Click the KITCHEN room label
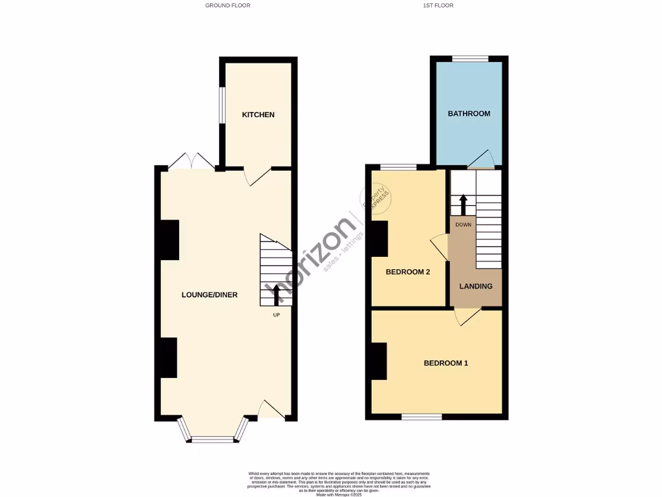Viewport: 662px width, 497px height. click(258, 115)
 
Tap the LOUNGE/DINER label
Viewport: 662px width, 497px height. click(209, 294)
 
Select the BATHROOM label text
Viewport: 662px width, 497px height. click(469, 113)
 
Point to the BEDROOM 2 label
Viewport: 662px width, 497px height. click(408, 272)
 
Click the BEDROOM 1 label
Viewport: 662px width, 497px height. click(445, 363)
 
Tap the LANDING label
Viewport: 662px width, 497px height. click(476, 286)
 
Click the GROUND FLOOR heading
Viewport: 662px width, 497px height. click(228, 5)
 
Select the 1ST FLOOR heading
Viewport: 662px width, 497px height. click(438, 5)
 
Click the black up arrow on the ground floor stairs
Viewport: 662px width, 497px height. click(277, 294)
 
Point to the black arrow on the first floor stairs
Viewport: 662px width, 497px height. click(463, 204)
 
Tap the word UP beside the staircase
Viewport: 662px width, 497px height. click(276, 316)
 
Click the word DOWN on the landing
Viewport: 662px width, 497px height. click(463, 225)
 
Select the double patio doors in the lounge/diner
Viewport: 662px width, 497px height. click(187, 161)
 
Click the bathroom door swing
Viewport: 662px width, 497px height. click(481, 159)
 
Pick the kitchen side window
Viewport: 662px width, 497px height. click(221, 105)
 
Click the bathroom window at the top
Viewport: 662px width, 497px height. click(470, 59)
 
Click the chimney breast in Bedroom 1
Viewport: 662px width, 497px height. click(379, 360)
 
